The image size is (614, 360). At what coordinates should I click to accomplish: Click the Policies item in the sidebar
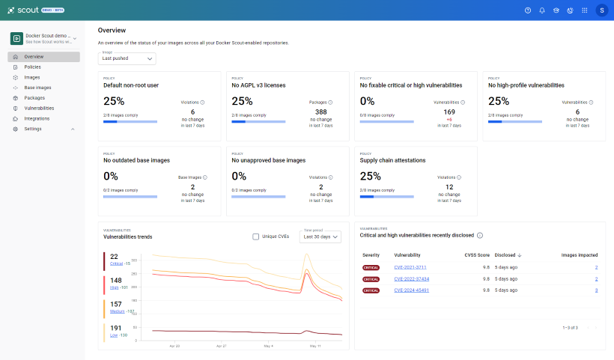pyautogui.click(x=32, y=67)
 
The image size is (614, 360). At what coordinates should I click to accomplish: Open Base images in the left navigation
pyautogui.click(x=37, y=88)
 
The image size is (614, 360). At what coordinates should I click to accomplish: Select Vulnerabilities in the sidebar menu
pyautogui.click(x=39, y=108)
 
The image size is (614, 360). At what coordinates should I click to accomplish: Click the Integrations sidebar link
pyautogui.click(x=37, y=118)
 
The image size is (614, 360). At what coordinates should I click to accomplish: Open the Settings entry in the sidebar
pyautogui.click(x=33, y=129)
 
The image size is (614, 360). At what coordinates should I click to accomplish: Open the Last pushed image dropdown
pyautogui.click(x=127, y=58)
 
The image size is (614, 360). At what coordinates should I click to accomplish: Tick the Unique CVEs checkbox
pyautogui.click(x=256, y=237)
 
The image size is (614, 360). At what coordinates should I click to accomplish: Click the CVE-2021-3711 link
pyautogui.click(x=411, y=267)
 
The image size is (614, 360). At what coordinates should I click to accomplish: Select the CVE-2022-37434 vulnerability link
pyautogui.click(x=412, y=278)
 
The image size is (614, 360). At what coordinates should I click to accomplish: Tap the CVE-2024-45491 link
pyautogui.click(x=412, y=290)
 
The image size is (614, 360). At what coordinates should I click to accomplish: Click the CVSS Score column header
pyautogui.click(x=477, y=254)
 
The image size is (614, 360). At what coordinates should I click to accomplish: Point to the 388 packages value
pyautogui.click(x=321, y=112)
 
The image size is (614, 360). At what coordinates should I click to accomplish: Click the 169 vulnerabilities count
pyautogui.click(x=449, y=112)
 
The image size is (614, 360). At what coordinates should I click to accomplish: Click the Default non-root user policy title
pyautogui.click(x=131, y=85)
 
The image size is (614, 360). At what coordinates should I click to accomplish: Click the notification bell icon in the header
pyautogui.click(x=542, y=10)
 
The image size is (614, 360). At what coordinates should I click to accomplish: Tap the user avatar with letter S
pyautogui.click(x=601, y=10)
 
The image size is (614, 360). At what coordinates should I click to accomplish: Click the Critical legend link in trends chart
pyautogui.click(x=116, y=263)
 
